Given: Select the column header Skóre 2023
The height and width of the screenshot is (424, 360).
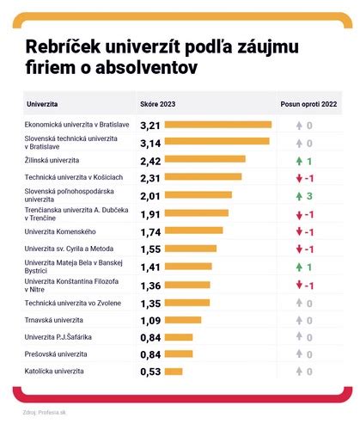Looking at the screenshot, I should coord(157,104).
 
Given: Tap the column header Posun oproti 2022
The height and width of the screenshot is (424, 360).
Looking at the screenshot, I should coord(308,104).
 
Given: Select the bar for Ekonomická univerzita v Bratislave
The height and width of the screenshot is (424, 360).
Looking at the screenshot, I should coord(217,126).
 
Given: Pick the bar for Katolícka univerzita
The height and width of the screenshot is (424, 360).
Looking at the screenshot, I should coord(173,372).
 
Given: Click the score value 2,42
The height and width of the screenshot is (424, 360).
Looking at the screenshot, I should coord(150,161).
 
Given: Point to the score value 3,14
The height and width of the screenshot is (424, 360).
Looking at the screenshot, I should coord(150,143).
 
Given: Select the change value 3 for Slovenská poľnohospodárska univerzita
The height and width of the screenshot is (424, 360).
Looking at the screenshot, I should coord(308,196).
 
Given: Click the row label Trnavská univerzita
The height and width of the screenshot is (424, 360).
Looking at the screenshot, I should coord(54,319).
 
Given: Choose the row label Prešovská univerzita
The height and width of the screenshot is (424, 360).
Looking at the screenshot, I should coord(56,353).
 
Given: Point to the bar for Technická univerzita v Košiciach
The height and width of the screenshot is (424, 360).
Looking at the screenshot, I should coord(203,178).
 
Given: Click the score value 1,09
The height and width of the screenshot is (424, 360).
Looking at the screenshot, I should coord(150,320).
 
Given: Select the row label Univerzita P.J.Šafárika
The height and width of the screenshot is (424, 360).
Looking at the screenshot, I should coord(58,336).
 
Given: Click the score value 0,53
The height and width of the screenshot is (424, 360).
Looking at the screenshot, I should coord(150,372).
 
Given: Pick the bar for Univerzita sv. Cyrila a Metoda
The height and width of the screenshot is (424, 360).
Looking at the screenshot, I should coord(190,249).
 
